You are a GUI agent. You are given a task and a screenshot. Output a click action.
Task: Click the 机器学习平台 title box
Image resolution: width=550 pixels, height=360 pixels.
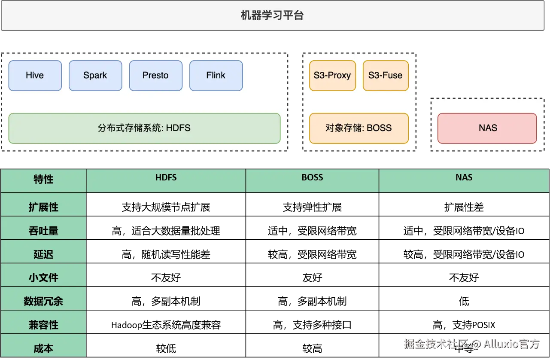pyautogui.click(x=272, y=15)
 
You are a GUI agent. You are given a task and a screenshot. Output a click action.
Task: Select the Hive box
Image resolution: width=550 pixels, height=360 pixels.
pyautogui.click(x=35, y=76)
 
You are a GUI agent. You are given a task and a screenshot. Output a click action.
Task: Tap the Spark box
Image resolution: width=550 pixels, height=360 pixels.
pyautogui.click(x=95, y=76)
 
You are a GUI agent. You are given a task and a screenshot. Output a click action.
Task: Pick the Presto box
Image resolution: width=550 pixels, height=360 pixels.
pyautogui.click(x=155, y=76)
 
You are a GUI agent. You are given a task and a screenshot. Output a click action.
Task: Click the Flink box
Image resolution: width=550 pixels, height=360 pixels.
pyautogui.click(x=216, y=76)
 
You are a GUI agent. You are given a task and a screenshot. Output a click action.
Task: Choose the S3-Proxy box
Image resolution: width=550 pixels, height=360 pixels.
pyautogui.click(x=332, y=76)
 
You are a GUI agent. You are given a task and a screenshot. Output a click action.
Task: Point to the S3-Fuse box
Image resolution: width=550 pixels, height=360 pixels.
pyautogui.click(x=386, y=76)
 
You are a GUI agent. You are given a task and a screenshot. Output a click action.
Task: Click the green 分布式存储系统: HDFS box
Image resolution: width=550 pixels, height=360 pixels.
pyautogui.click(x=144, y=128)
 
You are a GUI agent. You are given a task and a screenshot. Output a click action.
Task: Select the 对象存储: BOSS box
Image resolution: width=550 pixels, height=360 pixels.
pyautogui.click(x=359, y=128)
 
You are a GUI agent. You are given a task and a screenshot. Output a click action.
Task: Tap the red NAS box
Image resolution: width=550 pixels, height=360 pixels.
pyautogui.click(x=487, y=128)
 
